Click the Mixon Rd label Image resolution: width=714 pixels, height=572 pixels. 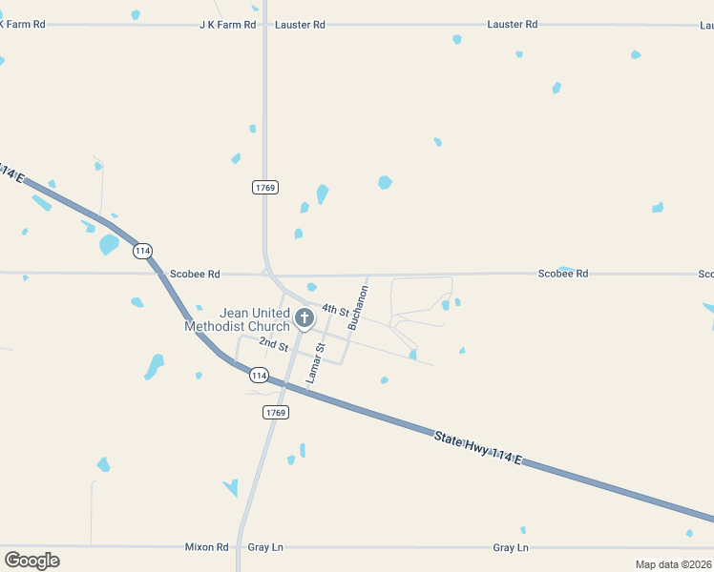(x=207, y=547)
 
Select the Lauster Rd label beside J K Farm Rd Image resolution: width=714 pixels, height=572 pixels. (x=300, y=25)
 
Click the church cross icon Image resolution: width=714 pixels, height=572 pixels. (x=304, y=317)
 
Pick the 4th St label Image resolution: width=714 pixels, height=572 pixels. (x=336, y=310)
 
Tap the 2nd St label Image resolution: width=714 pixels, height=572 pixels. (x=273, y=342)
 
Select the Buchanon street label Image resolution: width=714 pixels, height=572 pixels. (x=358, y=307)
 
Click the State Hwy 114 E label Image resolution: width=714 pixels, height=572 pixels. (x=478, y=448)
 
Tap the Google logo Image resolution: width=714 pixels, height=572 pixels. (x=31, y=560)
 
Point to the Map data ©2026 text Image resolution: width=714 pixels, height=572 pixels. (x=673, y=564)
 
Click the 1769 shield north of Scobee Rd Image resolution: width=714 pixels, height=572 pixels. (x=265, y=188)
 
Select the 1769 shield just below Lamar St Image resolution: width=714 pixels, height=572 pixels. (x=275, y=412)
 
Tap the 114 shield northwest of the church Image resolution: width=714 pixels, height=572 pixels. (x=142, y=251)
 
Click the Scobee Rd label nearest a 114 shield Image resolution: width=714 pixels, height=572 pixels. (x=195, y=275)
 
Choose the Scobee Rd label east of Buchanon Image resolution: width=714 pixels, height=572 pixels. (x=562, y=274)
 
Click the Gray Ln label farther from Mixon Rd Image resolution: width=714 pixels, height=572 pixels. (x=511, y=547)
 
